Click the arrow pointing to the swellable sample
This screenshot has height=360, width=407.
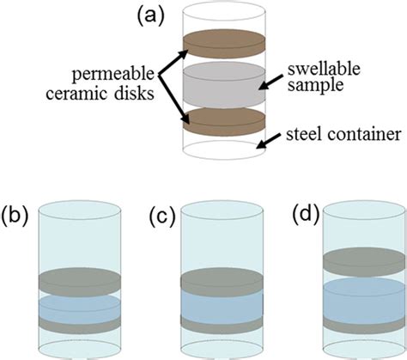(x=277, y=83)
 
